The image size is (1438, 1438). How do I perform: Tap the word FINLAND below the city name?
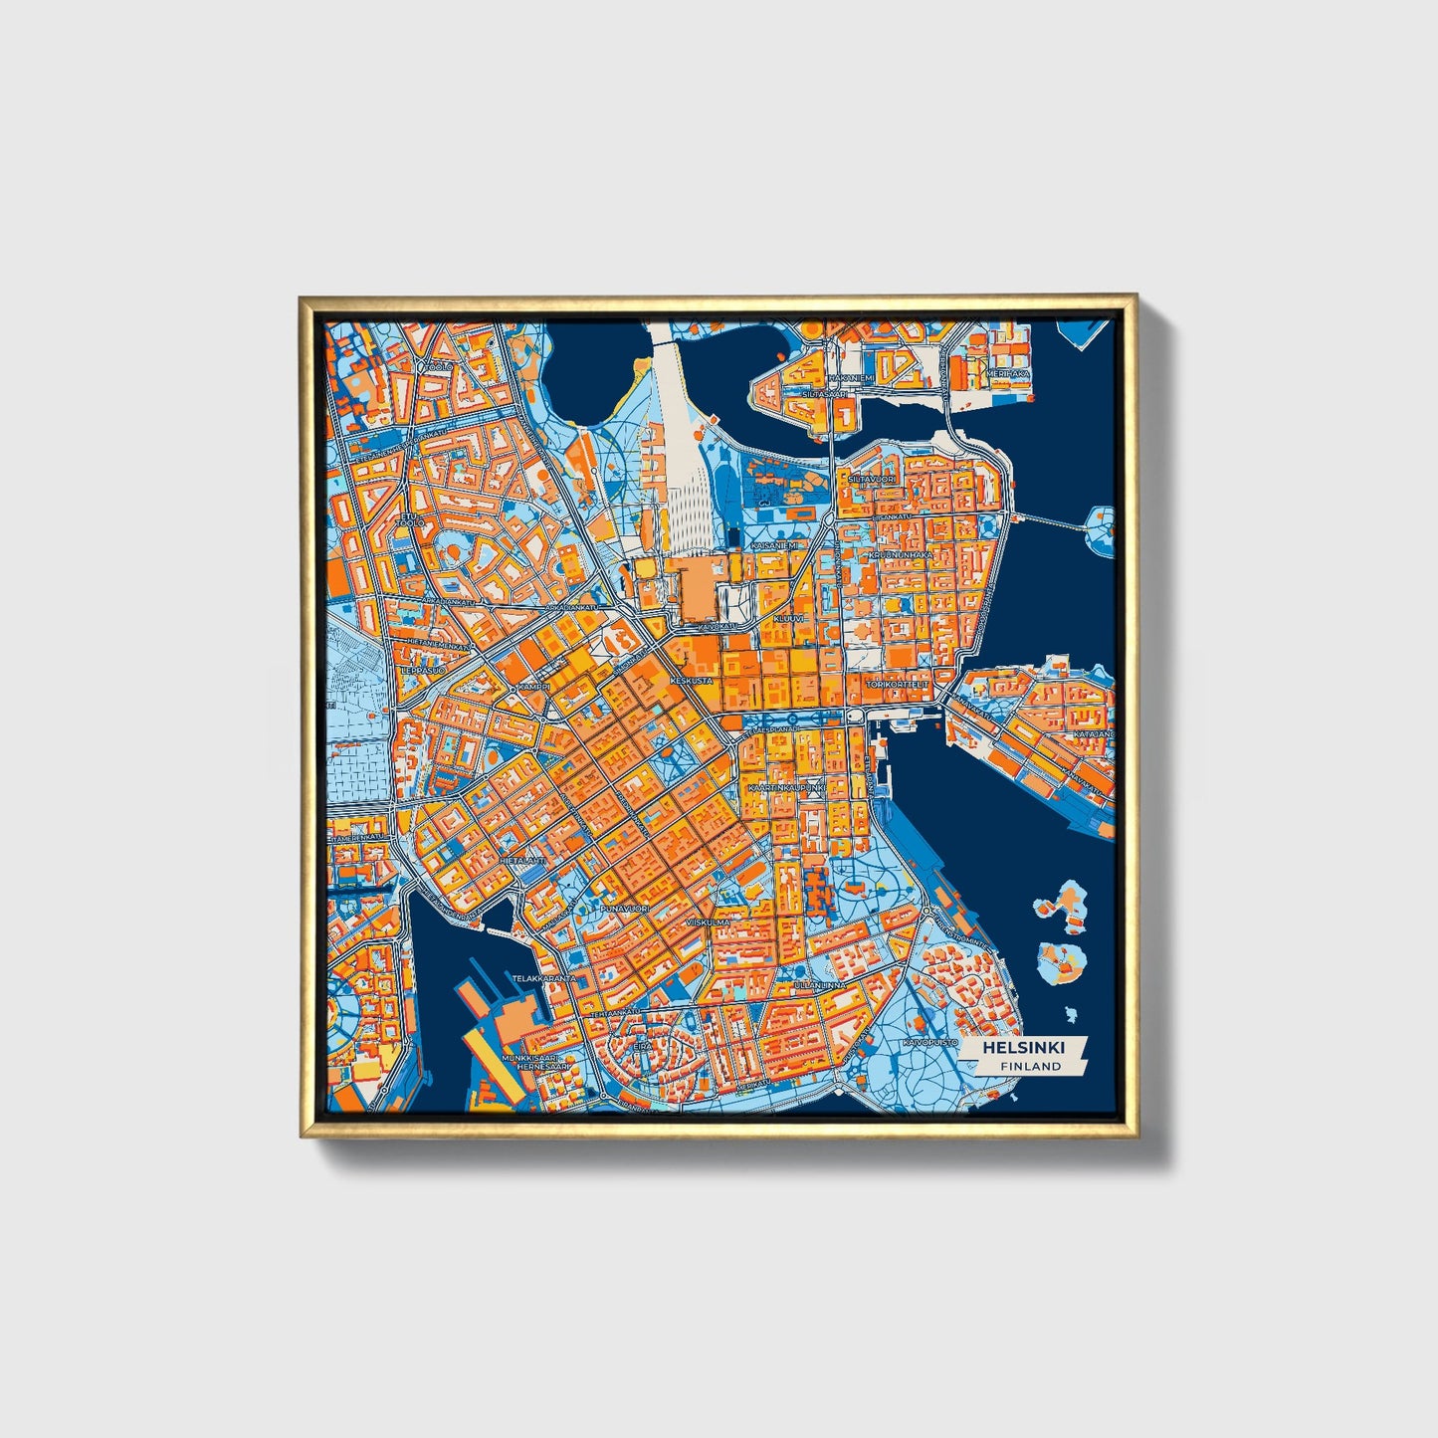coord(1031,1066)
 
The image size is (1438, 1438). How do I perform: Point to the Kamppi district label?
coord(533,687)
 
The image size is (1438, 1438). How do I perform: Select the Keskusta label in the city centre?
coord(693,681)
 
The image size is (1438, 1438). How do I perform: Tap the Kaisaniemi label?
coord(773,545)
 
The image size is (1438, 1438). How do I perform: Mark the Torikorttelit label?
coord(897,685)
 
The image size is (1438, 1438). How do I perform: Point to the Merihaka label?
coord(1007,373)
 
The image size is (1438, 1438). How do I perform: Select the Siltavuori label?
coord(871,479)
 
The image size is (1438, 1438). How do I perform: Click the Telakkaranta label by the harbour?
coord(544,979)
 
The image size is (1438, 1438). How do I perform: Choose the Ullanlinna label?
coord(820,985)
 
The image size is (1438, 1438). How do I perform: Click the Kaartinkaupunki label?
coord(786,787)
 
